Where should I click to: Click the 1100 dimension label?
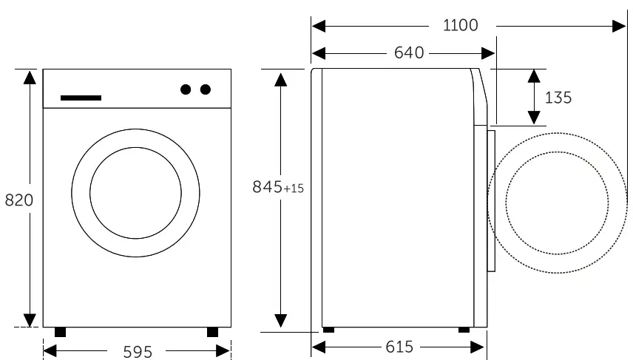pos(460,25)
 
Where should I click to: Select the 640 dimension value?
pos(409,53)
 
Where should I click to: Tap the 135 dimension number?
pos(558,98)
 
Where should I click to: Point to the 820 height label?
pos(19,200)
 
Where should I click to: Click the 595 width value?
pos(138,352)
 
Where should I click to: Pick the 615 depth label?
pos(399,347)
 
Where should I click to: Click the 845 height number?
pos(267,187)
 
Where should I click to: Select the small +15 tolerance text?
pos(294,189)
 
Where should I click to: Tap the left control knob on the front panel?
pos(186,89)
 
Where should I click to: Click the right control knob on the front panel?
pos(206,89)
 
